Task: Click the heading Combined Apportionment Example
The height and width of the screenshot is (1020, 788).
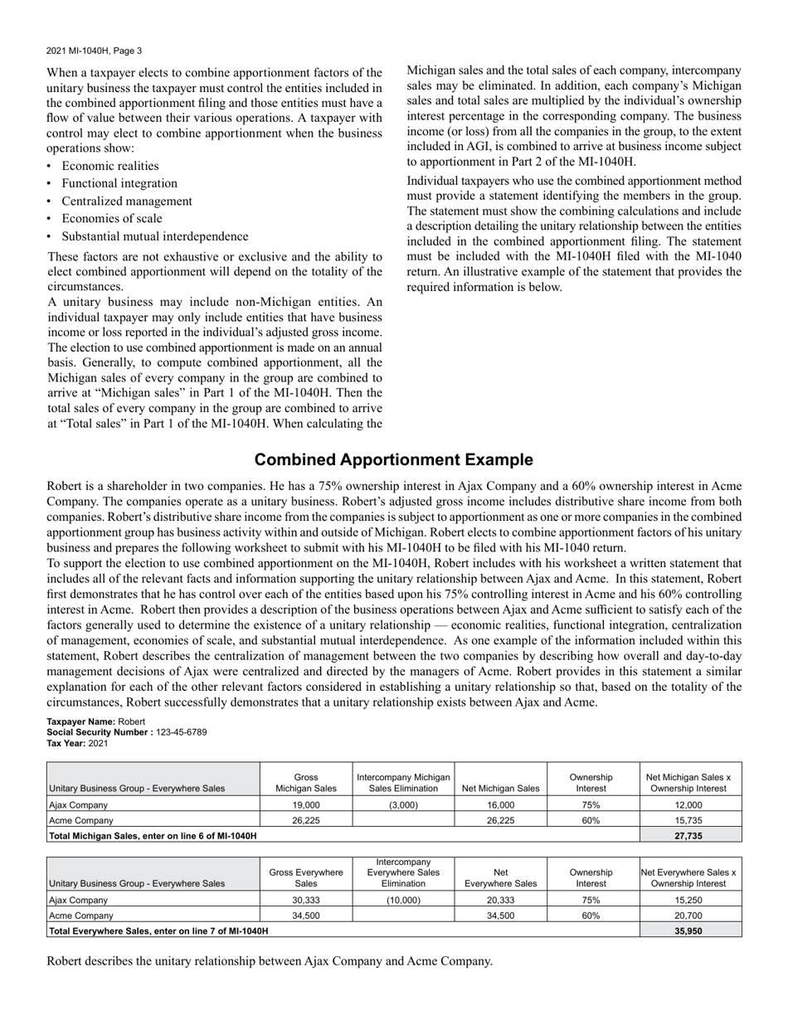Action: (393, 460)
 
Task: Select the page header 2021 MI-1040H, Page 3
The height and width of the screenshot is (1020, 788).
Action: (94, 51)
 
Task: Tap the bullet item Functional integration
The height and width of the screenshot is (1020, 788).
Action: (119, 183)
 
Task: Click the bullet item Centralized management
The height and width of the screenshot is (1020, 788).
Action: (127, 201)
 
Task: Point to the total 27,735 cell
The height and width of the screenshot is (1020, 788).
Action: (690, 836)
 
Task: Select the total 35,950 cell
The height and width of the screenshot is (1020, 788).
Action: (690, 931)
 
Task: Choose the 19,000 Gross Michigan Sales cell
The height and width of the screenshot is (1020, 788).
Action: (306, 804)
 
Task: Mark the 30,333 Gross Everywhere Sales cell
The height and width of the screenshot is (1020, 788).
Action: (306, 900)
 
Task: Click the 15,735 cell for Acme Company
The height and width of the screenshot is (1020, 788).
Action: (690, 820)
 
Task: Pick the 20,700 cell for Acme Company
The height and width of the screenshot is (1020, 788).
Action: (690, 916)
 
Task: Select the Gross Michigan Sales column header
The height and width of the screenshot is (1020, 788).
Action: (306, 783)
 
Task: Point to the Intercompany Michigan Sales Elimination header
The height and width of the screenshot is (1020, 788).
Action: (403, 783)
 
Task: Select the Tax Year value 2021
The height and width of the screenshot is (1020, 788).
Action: (98, 743)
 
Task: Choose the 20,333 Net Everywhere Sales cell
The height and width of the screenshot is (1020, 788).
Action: (501, 900)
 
